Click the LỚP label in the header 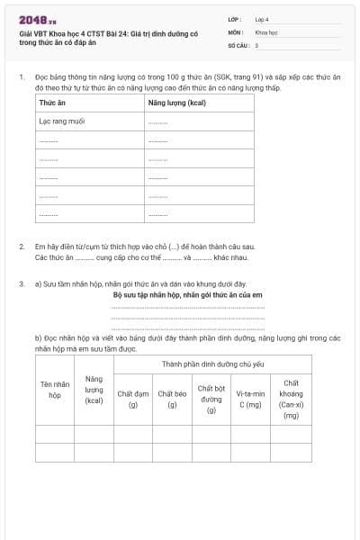(x=235, y=19)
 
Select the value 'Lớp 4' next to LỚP (x=262, y=19)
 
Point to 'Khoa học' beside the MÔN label (x=266, y=31)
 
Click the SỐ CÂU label (x=237, y=44)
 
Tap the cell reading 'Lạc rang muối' (x=61, y=121)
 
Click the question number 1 (x=21, y=77)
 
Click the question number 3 (x=21, y=284)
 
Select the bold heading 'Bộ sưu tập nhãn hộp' (x=187, y=294)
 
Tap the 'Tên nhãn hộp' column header (x=55, y=389)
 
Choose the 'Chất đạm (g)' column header (x=132, y=399)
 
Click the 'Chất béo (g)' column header (x=172, y=399)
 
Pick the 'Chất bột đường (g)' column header (x=211, y=399)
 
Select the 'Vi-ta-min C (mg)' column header (x=251, y=399)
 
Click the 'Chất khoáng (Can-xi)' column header (x=291, y=399)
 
